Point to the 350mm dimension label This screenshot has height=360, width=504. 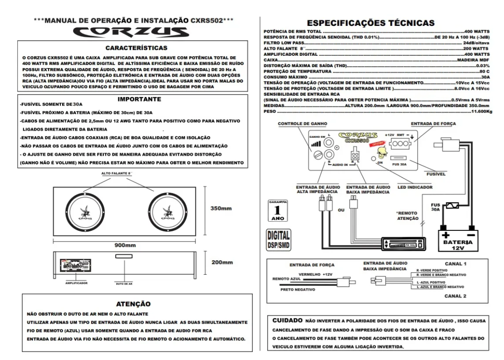tap(221, 209)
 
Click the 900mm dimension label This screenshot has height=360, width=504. tap(125, 245)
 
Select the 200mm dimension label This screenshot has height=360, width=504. tap(221, 263)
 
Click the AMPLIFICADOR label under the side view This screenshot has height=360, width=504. tap(76, 282)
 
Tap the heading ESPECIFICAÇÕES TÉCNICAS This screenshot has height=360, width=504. tap(371, 23)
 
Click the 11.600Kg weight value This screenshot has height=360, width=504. tap(481, 111)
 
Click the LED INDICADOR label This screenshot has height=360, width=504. tap(415, 187)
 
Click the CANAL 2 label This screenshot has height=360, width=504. tap(455, 297)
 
